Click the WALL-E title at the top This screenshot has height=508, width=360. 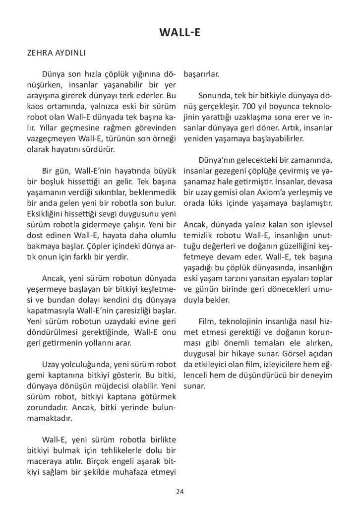(x=180, y=33)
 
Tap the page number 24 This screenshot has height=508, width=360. (x=180, y=492)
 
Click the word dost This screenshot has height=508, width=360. (x=35, y=235)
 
